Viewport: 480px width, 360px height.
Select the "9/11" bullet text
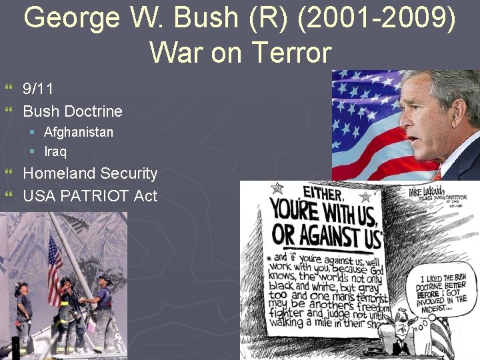pos(39,89)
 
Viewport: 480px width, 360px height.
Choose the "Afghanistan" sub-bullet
pos(79,132)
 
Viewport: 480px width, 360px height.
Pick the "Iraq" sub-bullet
pos(55,151)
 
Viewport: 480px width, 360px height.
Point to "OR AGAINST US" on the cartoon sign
pos(327,236)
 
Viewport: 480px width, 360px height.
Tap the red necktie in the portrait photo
pos(437,175)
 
